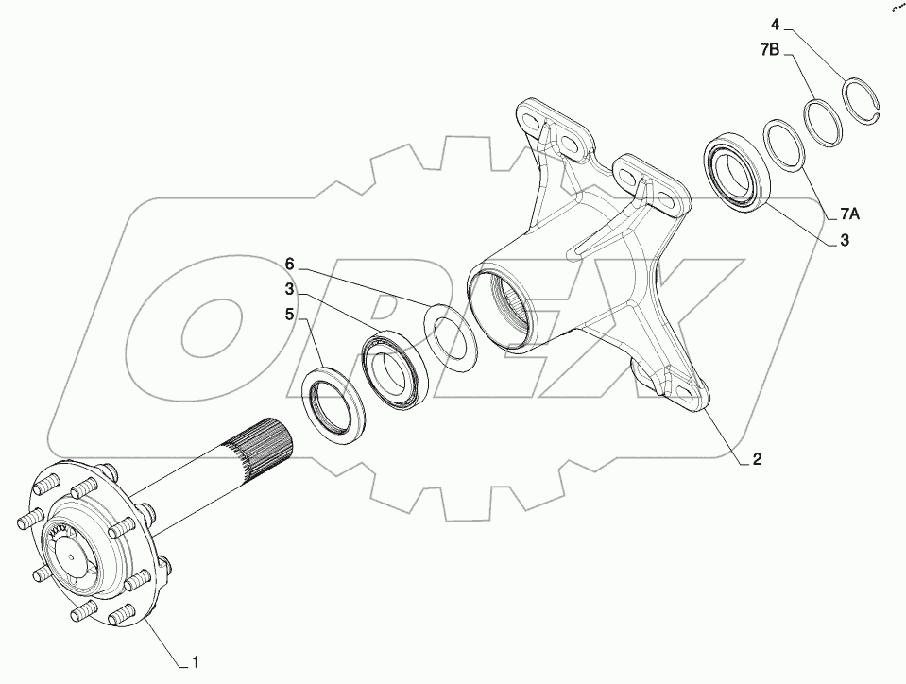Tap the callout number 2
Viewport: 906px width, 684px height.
click(757, 460)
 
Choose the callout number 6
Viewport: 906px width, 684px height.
click(292, 262)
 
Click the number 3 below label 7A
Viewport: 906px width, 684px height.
click(844, 241)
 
